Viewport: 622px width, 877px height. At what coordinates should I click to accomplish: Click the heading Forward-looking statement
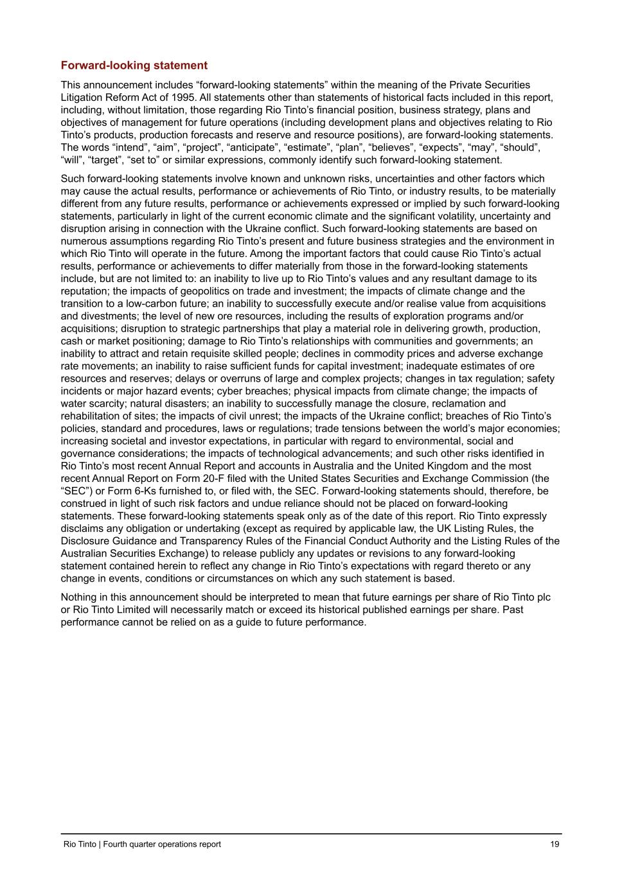pos(134,66)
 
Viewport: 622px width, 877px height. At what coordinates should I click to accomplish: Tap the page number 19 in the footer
pos(555,844)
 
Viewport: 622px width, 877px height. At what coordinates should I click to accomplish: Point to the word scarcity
pos(105,404)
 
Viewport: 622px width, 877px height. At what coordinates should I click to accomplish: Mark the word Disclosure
pos(86,542)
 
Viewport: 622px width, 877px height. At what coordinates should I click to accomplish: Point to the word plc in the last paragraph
pos(543,598)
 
